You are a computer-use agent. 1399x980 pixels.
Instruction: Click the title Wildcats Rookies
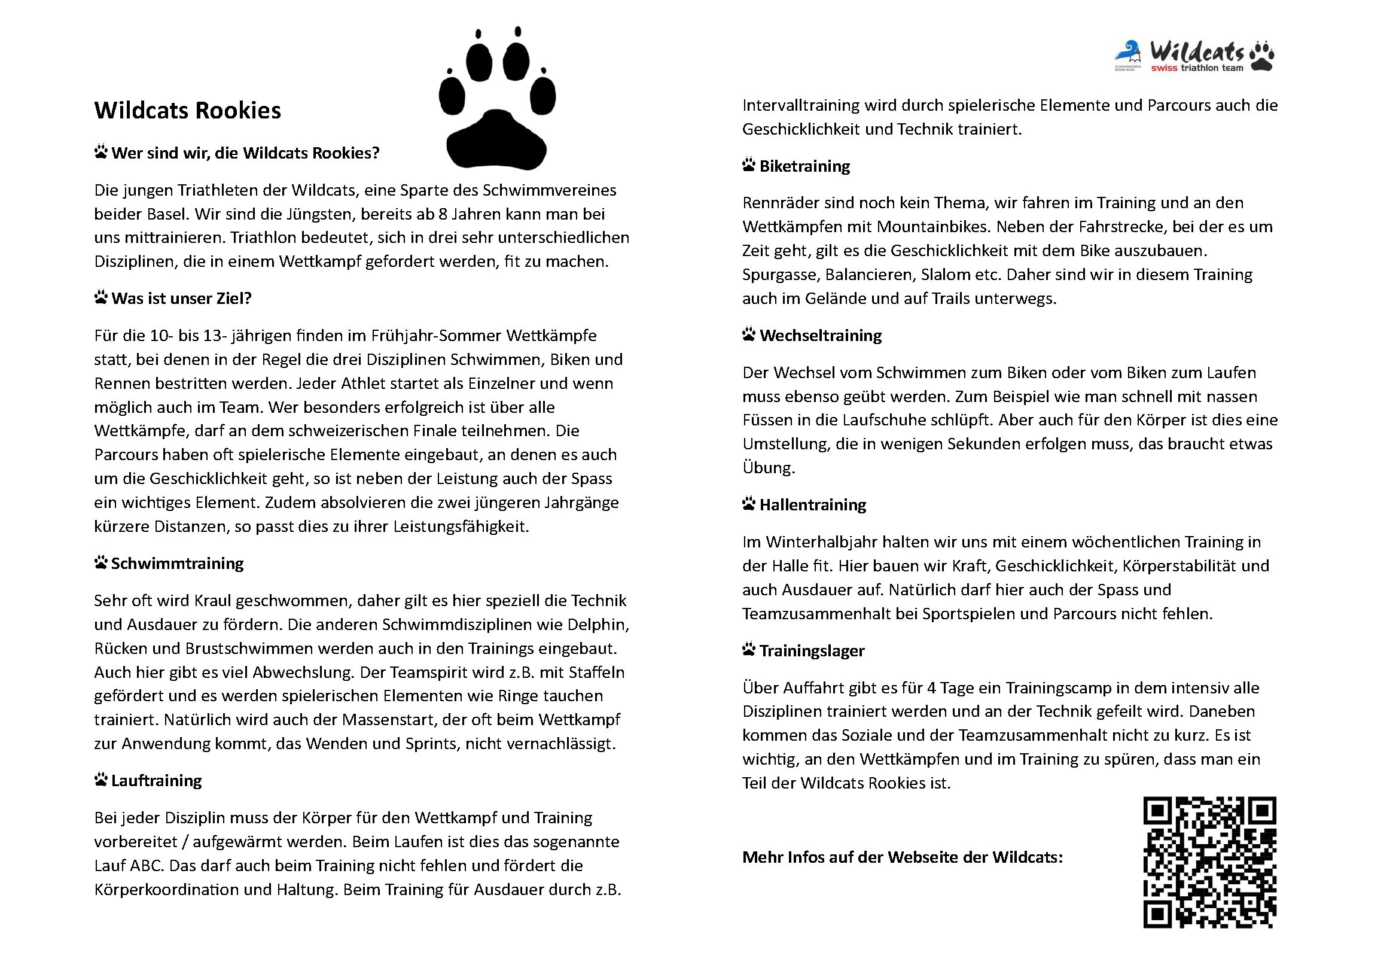tap(187, 110)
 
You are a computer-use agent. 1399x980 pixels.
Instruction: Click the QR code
tap(1209, 862)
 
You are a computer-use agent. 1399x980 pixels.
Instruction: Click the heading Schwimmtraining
tap(177, 563)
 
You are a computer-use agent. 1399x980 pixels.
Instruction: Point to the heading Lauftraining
tap(157, 781)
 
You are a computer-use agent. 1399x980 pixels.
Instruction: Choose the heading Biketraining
tap(804, 166)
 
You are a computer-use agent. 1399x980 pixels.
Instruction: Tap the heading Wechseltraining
tap(820, 336)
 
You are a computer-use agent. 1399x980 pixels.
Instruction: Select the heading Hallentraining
tap(812, 505)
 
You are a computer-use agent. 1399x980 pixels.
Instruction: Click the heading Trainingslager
tap(812, 651)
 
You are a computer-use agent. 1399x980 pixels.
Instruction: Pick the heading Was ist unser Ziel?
tap(181, 299)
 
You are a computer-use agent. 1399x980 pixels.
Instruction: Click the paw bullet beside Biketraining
tap(749, 165)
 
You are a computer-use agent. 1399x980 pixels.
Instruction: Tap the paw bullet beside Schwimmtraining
tap(100, 562)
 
